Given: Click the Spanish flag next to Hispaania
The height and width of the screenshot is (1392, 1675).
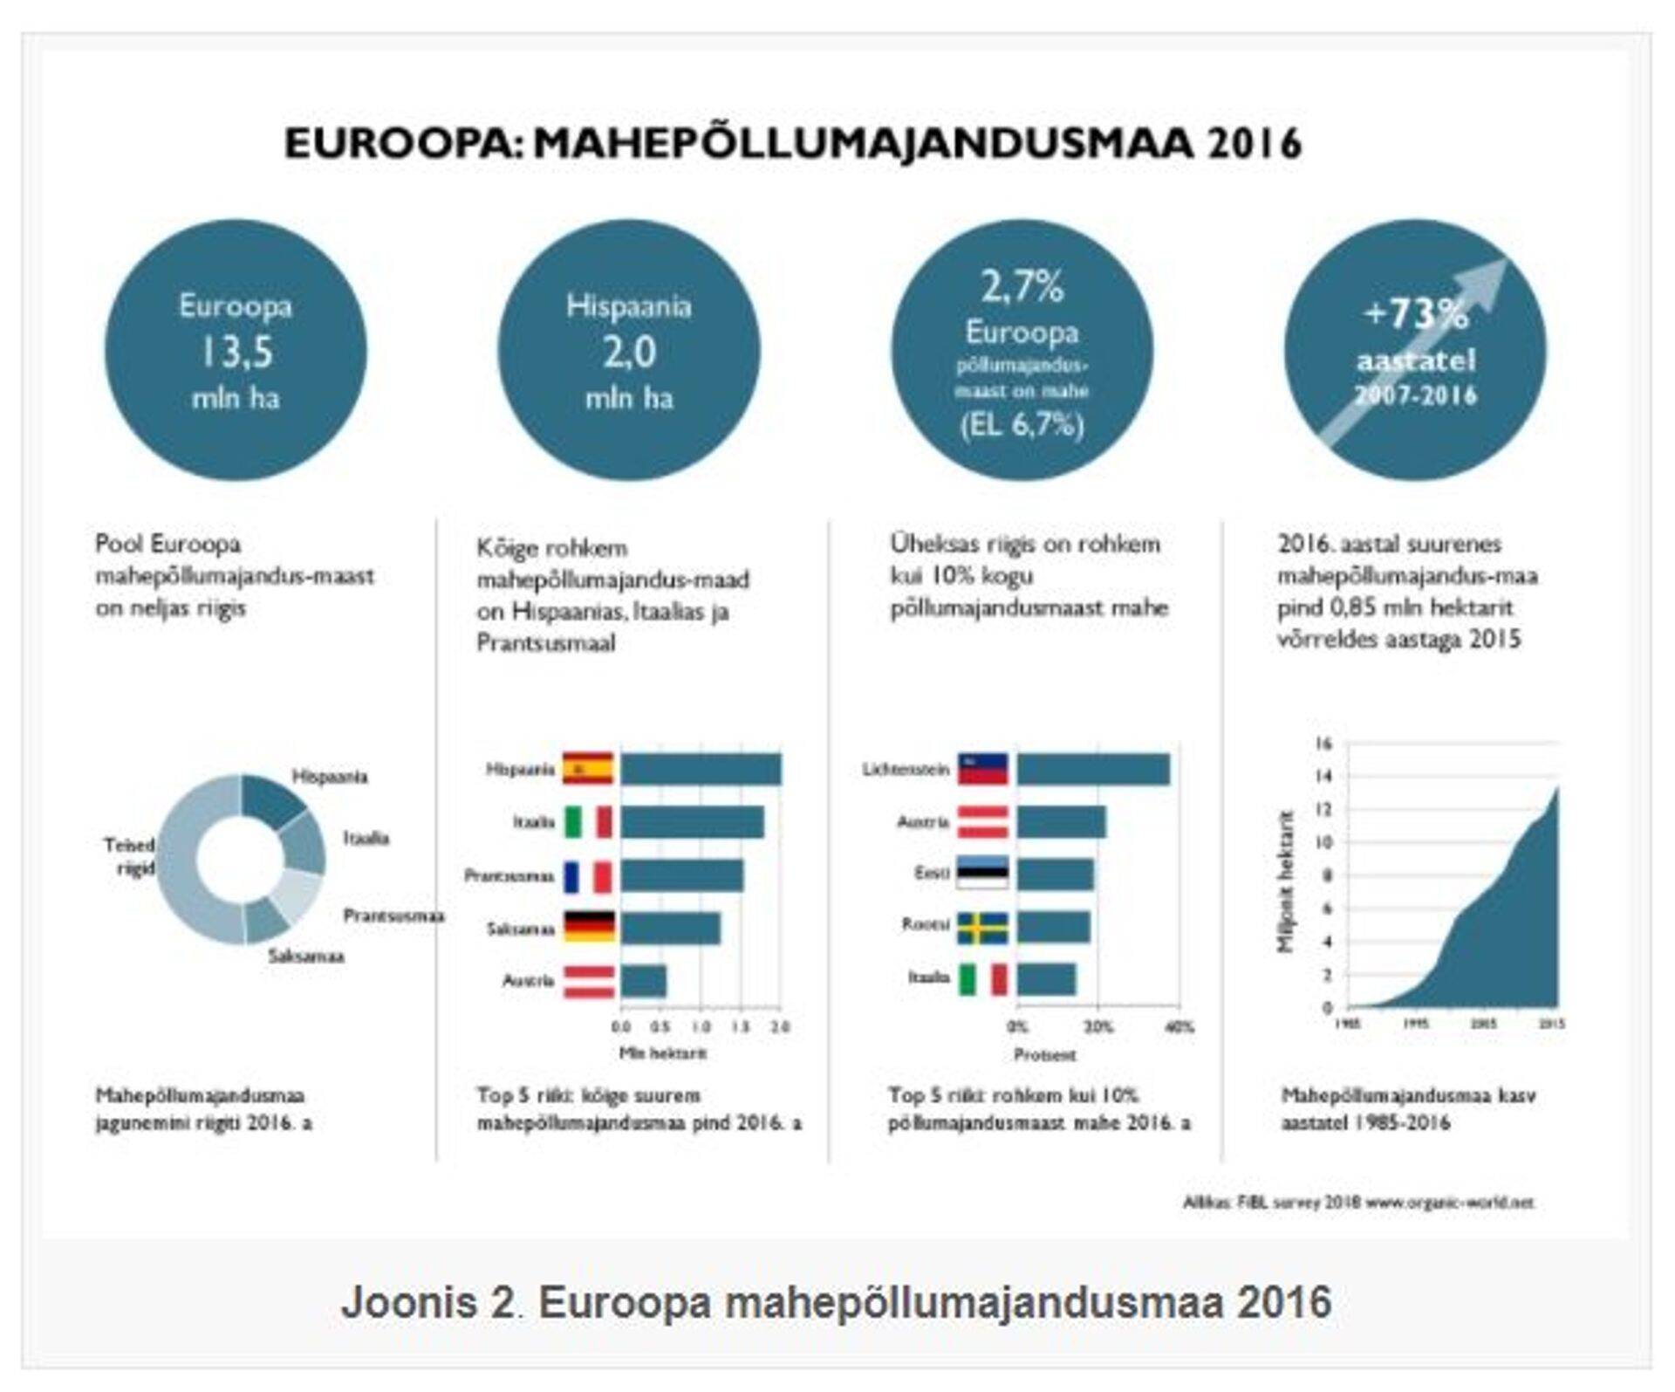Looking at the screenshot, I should click(587, 769).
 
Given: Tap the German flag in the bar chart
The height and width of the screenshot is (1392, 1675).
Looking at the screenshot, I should click(588, 928).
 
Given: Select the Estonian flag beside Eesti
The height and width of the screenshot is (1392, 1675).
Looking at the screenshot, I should click(982, 874).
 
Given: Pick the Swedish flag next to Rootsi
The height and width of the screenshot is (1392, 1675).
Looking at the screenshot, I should click(982, 928).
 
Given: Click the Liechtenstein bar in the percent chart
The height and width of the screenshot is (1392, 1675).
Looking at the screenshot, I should click(1092, 770).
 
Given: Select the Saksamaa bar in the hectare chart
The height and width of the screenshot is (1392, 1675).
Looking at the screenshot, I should click(670, 928).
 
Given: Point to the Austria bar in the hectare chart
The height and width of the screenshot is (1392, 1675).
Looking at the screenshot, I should click(643, 981).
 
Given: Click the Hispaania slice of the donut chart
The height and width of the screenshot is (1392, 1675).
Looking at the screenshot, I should click(272, 799).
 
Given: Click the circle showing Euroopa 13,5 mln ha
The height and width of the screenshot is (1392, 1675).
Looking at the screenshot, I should click(236, 350).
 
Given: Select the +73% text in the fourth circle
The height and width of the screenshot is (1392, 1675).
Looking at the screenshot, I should click(1415, 313).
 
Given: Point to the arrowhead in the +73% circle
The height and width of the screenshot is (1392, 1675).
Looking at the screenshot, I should click(1488, 276).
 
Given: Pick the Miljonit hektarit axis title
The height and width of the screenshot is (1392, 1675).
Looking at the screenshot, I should click(1286, 881).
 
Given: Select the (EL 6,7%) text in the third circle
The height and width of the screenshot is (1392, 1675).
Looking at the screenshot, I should click(1022, 426).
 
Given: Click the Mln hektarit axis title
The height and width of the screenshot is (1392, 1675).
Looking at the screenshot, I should click(662, 1053).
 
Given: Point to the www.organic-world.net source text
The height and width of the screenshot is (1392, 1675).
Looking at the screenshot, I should click(1449, 1203).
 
